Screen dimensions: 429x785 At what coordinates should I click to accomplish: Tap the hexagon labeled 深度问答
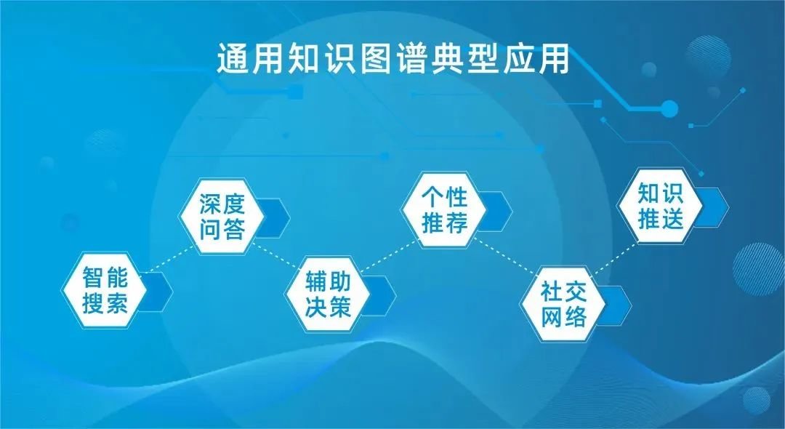(x=222, y=217)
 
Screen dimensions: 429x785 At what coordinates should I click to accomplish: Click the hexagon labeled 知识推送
(x=660, y=207)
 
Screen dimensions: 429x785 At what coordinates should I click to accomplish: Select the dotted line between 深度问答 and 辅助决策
(x=275, y=254)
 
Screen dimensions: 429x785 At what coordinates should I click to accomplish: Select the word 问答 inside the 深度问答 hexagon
(x=222, y=230)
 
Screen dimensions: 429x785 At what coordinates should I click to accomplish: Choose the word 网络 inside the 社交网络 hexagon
(x=563, y=318)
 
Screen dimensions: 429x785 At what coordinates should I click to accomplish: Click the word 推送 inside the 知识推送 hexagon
(x=660, y=219)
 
